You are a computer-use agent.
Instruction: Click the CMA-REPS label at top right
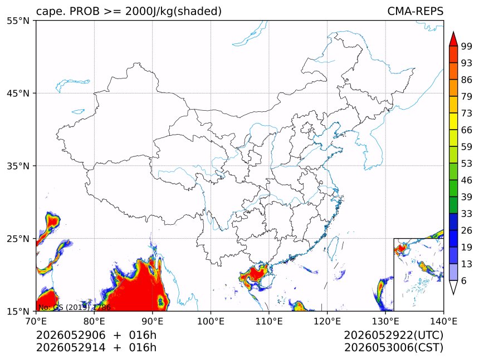[415, 11]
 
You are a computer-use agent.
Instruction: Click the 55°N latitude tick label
[18, 21]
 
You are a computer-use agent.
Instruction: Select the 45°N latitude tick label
[18, 93]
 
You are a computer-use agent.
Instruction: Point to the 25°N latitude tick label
[18, 238]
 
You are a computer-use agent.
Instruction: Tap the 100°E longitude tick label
[211, 321]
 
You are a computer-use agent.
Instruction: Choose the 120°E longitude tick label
[327, 321]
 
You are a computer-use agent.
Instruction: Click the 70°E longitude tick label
[36, 321]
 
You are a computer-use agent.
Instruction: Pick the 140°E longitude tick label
[443, 321]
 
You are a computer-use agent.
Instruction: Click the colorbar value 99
[467, 46]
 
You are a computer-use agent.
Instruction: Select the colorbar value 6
[464, 280]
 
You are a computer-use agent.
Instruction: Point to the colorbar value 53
[467, 164]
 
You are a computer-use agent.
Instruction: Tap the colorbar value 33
[467, 214]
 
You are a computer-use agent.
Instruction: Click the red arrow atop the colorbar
[453, 39]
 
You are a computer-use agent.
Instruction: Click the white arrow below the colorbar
[453, 287]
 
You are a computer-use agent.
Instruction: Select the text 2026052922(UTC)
[393, 336]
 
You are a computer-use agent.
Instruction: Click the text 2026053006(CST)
[393, 348]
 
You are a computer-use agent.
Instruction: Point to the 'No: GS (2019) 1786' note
[75, 307]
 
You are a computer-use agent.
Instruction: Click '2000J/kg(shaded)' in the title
[174, 11]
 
